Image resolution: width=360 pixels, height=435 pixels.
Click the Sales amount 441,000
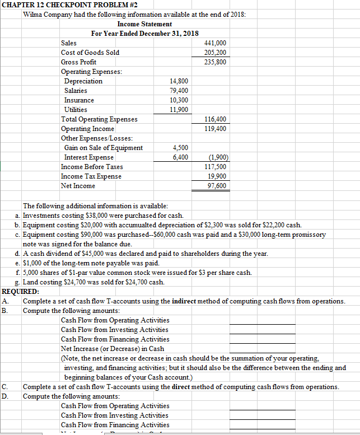tap(217, 43)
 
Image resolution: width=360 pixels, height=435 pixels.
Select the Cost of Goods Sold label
tap(90, 53)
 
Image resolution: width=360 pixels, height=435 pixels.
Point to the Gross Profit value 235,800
tap(217, 62)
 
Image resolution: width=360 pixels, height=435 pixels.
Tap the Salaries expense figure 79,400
tap(179, 91)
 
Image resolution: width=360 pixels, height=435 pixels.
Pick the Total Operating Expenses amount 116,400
tap(217, 119)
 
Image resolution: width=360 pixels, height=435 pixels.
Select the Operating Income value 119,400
tap(217, 129)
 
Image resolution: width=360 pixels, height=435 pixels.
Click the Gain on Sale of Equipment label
tap(104, 148)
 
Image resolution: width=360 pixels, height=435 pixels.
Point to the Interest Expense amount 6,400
tap(180, 157)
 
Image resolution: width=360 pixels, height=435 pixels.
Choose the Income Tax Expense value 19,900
tap(218, 176)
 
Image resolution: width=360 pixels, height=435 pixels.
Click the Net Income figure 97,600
tap(218, 186)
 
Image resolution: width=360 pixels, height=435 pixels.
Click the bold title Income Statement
tap(144, 24)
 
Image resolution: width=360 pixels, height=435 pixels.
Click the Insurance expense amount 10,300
tap(179, 100)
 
